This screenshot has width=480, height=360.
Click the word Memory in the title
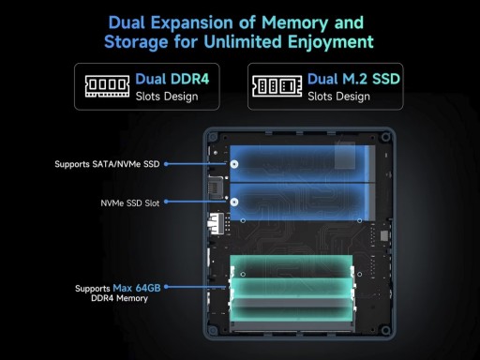(x=295, y=23)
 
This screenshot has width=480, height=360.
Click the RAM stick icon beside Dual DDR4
(x=107, y=86)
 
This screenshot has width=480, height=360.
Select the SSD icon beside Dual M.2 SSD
(x=277, y=86)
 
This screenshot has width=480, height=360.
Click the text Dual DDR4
(x=172, y=79)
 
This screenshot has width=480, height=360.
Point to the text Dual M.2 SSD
(x=353, y=79)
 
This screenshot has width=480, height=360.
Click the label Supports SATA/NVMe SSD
(x=107, y=164)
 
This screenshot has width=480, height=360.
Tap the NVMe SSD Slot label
(x=130, y=203)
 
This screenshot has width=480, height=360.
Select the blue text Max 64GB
(x=137, y=288)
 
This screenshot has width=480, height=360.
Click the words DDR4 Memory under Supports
(x=119, y=298)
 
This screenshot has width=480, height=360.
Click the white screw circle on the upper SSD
(x=234, y=164)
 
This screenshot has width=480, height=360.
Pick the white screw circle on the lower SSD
(x=234, y=202)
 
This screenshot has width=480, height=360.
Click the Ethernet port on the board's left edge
(x=216, y=187)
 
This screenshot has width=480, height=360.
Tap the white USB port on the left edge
(x=216, y=223)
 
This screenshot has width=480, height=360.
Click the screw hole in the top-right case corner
(x=386, y=137)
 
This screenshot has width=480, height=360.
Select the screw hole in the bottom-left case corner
(x=213, y=330)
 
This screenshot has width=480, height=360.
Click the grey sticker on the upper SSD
(x=345, y=156)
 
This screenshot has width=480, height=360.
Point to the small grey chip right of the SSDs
(x=384, y=236)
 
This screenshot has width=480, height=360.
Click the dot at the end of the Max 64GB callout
(x=166, y=287)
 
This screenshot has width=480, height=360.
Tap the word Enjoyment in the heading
(x=331, y=42)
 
